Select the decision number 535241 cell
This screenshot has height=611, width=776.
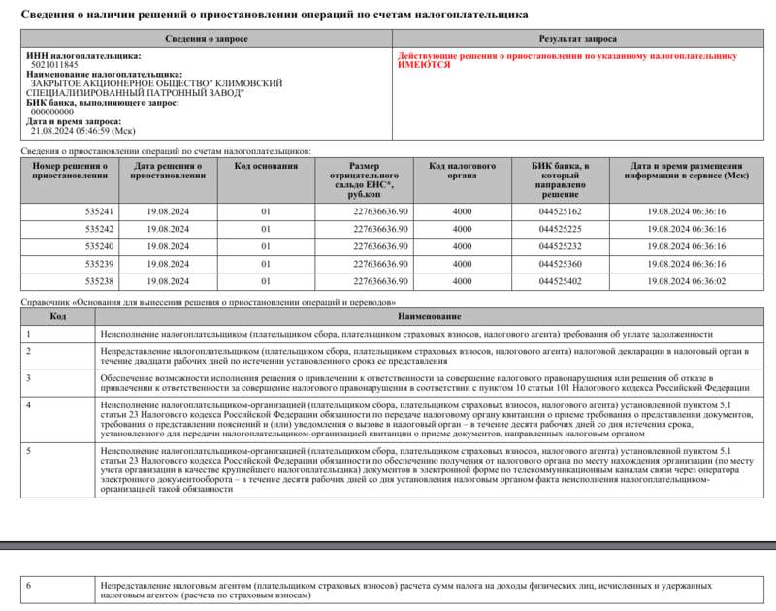click(99, 211)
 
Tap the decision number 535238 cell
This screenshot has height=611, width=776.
click(99, 281)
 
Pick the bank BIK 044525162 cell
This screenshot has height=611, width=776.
click(560, 211)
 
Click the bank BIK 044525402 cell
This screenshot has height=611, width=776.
click(560, 281)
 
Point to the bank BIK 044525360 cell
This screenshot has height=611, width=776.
click(560, 264)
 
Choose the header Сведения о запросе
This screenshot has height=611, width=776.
click(205, 38)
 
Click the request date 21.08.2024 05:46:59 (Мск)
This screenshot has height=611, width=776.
click(82, 130)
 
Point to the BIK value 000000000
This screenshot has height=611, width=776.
click(52, 112)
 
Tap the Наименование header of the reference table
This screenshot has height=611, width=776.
click(428, 316)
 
